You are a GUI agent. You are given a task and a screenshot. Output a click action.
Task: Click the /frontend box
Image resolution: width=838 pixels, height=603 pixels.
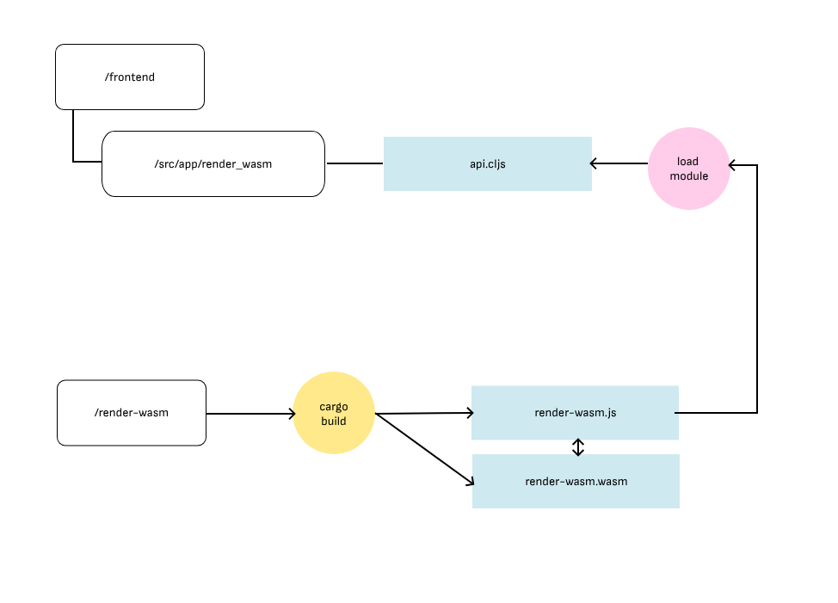[x=130, y=77]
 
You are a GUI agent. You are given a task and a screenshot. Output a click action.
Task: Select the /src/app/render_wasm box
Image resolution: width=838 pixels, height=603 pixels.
[x=213, y=163]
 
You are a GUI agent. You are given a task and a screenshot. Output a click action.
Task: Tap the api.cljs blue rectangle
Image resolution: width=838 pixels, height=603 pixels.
[x=487, y=163]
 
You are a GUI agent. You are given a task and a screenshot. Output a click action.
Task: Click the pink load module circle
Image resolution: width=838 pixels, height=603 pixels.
[x=688, y=169]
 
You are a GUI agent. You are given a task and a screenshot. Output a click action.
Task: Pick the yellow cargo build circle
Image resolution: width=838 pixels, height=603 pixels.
[x=334, y=413]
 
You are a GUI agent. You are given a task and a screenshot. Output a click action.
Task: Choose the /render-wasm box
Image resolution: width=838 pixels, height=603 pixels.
[x=132, y=413]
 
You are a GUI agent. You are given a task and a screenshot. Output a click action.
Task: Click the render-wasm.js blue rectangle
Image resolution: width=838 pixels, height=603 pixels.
[x=575, y=413]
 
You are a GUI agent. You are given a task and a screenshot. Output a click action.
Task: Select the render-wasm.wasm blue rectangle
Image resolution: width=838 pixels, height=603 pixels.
[x=576, y=481]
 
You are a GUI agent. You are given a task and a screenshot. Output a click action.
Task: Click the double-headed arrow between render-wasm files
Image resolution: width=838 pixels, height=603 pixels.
[x=578, y=447]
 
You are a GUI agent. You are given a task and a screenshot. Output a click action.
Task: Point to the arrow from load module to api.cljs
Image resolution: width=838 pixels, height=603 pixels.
[x=619, y=163]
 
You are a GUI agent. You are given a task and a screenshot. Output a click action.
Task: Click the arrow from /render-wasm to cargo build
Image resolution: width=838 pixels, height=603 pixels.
[x=250, y=414]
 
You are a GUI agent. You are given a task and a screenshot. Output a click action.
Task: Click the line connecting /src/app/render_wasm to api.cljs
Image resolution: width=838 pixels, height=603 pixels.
[x=354, y=163]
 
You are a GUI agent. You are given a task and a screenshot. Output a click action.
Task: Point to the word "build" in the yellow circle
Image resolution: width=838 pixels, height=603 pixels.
[x=334, y=421]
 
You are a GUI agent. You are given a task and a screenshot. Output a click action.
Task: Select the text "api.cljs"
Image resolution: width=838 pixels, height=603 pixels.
[x=487, y=163]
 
